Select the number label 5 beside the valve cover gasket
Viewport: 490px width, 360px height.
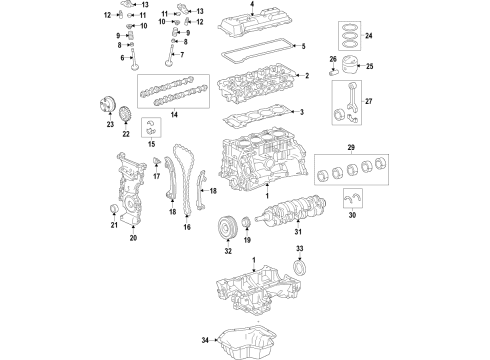[x=305, y=47]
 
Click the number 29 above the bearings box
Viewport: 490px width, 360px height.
[x=350, y=148]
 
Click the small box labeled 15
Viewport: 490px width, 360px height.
[x=152, y=126]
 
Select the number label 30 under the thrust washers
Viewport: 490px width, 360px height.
[x=352, y=213]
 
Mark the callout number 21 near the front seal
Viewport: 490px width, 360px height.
[x=113, y=225]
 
